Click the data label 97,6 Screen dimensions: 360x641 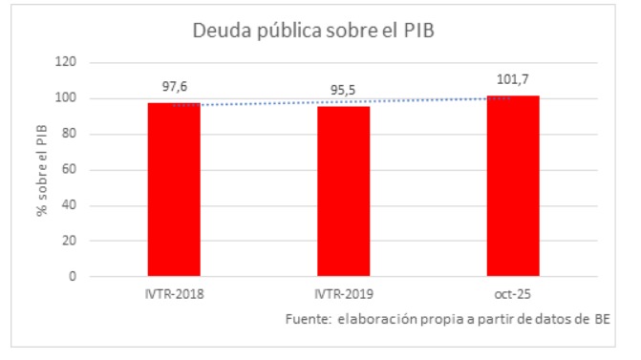174,87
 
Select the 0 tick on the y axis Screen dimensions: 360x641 73,277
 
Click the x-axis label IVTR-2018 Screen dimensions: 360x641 173,294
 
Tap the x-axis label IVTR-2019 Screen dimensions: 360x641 344,294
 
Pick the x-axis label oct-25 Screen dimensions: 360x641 513,294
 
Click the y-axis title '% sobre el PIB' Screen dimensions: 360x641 42,170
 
